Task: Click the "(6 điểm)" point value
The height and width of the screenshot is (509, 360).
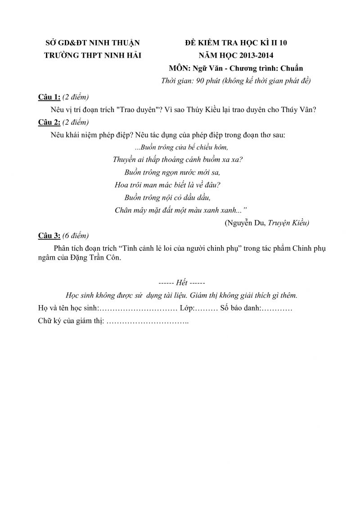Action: (76, 235)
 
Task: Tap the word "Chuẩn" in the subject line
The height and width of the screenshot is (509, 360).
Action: (291, 68)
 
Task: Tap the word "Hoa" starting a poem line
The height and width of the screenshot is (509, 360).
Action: (121, 185)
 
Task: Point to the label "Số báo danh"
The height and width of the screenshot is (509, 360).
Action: (239, 309)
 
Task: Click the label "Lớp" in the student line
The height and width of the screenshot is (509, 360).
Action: (186, 309)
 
